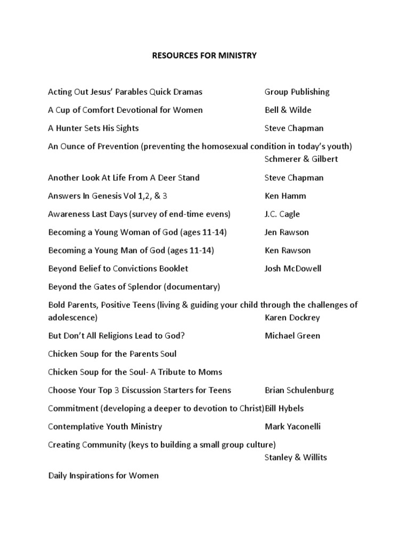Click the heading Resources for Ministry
(x=205, y=55)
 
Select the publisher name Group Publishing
(x=297, y=92)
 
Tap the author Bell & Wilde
(x=288, y=110)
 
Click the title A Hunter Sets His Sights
(x=93, y=128)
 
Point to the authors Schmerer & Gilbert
(x=301, y=159)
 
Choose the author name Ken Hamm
(x=285, y=196)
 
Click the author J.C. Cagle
(x=282, y=214)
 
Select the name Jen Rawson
(x=287, y=232)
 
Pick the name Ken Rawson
(x=288, y=250)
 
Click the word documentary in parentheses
(x=192, y=287)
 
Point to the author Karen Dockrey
(x=292, y=318)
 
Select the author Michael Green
(x=292, y=336)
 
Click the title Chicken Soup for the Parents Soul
(x=112, y=354)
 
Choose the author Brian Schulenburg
(x=299, y=390)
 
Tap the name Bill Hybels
(x=284, y=408)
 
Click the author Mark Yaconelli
(x=292, y=426)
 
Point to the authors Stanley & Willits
(x=296, y=457)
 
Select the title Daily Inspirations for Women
(x=103, y=475)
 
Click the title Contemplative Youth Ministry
(x=105, y=426)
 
